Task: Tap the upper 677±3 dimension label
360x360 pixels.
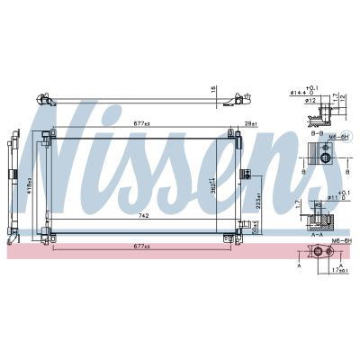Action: pyautogui.click(x=139, y=125)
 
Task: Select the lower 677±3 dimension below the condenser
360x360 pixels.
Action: pyautogui.click(x=139, y=246)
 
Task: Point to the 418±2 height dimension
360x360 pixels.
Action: pyautogui.click(x=30, y=184)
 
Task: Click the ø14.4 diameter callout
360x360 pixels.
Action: pyautogui.click(x=298, y=93)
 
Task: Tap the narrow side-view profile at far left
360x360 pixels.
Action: pyautogui.click(x=13, y=184)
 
